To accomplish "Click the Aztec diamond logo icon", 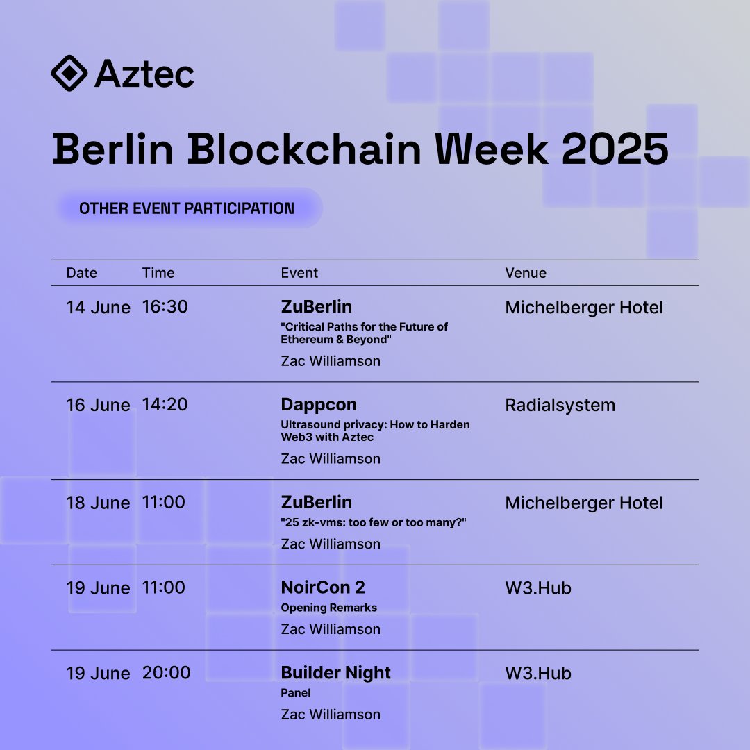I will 69,73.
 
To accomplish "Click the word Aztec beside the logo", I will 145,74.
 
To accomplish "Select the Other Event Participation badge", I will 187,208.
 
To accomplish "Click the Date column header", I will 82,273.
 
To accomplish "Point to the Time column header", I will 158,273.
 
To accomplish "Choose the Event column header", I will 299,273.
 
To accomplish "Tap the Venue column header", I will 526,273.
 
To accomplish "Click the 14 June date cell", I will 98,307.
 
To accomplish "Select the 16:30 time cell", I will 165,307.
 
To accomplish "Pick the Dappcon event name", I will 319,405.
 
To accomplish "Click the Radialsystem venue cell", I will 560,405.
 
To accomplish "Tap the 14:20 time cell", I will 165,405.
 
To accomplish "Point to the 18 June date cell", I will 98,503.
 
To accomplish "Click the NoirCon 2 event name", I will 323,587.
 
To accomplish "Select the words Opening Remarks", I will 328,608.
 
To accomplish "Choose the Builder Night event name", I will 336,673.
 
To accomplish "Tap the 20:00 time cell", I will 167,673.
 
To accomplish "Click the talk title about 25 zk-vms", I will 374,522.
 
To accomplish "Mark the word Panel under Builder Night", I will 296,693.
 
